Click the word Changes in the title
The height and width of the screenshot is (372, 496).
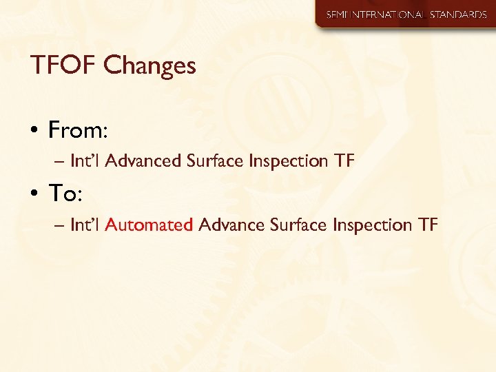(x=150, y=66)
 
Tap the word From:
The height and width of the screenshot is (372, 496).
(x=75, y=129)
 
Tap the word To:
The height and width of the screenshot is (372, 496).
(x=65, y=194)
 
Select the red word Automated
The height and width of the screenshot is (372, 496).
(x=149, y=225)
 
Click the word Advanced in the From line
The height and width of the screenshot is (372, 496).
(x=145, y=161)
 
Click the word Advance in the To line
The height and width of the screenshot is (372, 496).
(x=231, y=225)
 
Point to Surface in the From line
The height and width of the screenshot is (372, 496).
(x=216, y=161)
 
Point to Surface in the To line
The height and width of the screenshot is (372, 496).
(x=298, y=225)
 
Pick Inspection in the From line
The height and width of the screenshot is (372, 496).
(x=288, y=161)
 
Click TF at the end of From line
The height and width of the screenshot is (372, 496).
(x=344, y=161)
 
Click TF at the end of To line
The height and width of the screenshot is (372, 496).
(x=427, y=225)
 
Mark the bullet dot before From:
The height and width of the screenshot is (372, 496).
(x=34, y=130)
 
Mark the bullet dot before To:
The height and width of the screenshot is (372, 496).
(x=34, y=196)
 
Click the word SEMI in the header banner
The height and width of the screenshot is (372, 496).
(x=338, y=14)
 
